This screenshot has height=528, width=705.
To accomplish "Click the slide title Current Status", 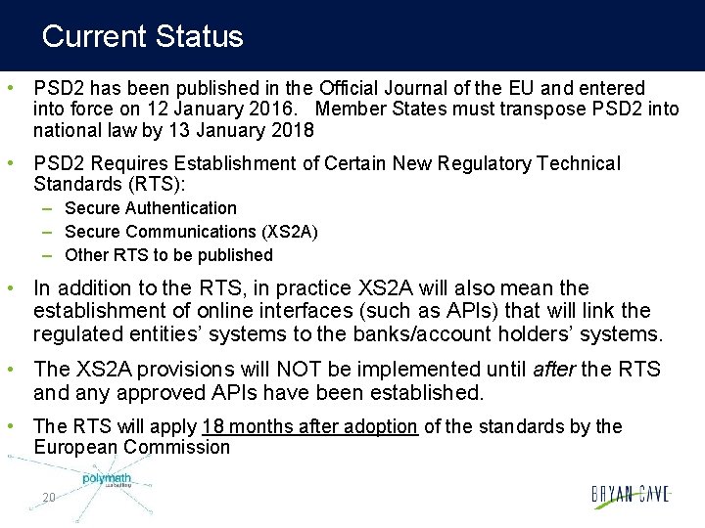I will pyautogui.click(x=143, y=37).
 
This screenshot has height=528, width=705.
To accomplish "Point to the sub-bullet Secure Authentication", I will pyautogui.click(x=151, y=208).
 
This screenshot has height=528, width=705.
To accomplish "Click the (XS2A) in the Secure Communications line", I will pyautogui.click(x=289, y=232).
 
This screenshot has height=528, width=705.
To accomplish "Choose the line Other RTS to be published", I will pyautogui.click(x=168, y=255).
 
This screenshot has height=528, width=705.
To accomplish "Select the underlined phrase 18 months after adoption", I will pyautogui.click(x=310, y=426).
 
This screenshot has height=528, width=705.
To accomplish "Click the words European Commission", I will pyautogui.click(x=132, y=448).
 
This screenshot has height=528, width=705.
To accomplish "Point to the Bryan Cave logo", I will pyautogui.click(x=631, y=495).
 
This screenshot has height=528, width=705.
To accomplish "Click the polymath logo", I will pyautogui.click(x=107, y=480).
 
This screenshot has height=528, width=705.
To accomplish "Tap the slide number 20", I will pyautogui.click(x=49, y=498).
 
